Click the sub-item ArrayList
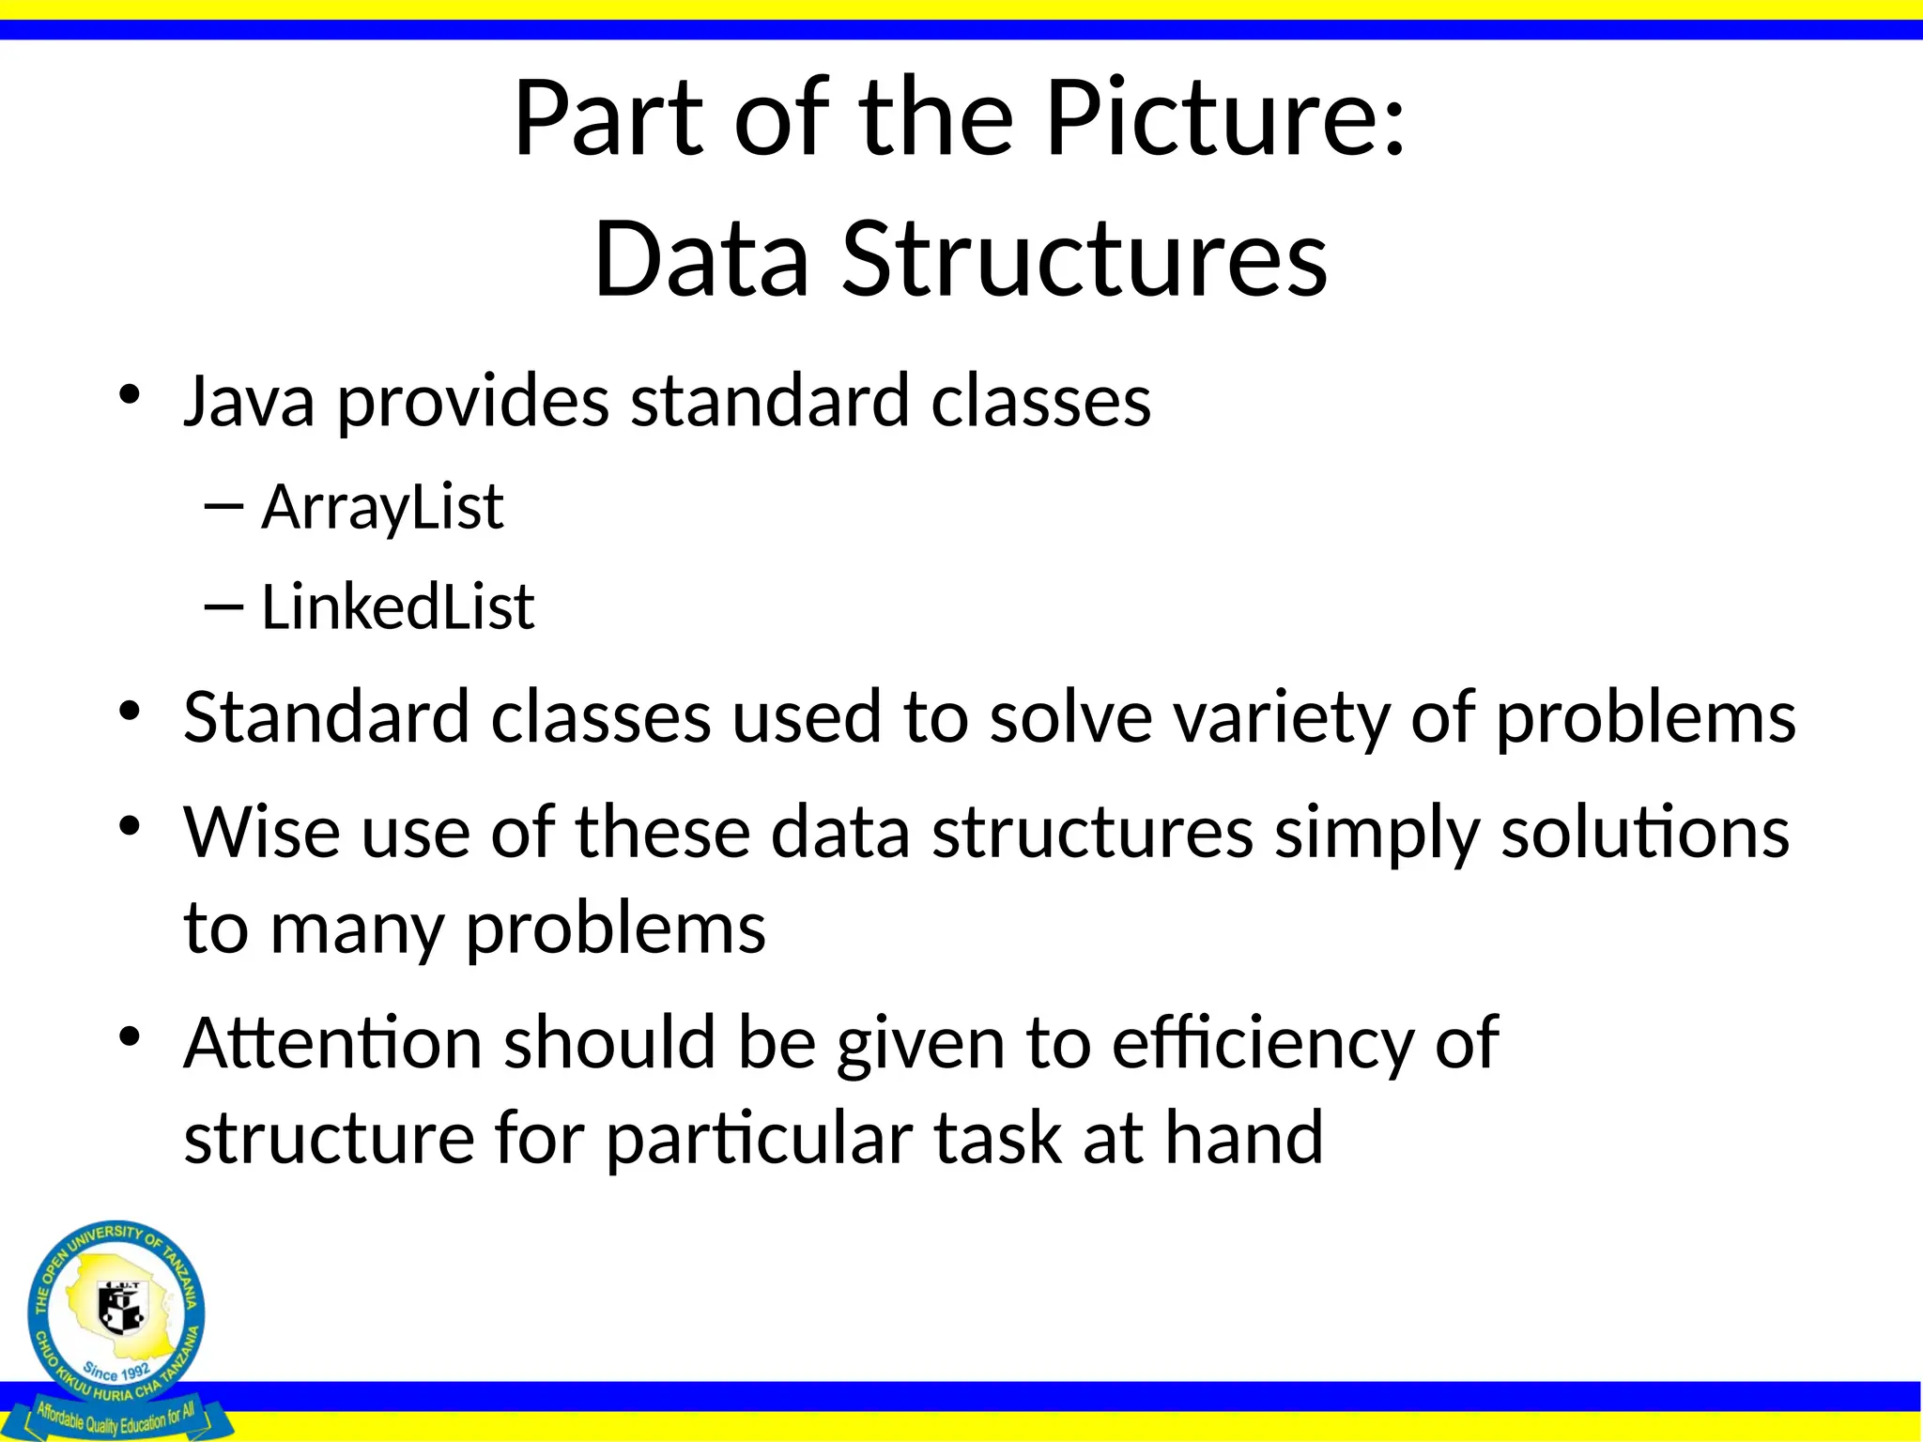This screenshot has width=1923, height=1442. pyautogui.click(x=382, y=508)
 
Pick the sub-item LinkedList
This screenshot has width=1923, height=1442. pyautogui.click(x=397, y=607)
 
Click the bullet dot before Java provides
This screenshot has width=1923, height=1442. pyautogui.click(x=130, y=394)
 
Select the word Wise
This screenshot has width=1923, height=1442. pyautogui.click(x=261, y=833)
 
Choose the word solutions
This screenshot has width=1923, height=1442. pyautogui.click(x=1644, y=833)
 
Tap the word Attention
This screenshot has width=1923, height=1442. pyautogui.click(x=333, y=1043)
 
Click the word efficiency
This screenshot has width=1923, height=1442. pyautogui.click(x=1262, y=1045)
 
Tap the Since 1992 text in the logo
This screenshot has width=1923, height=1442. pyautogui.click(x=115, y=1371)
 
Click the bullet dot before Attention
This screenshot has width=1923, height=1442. pyautogui.click(x=130, y=1037)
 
